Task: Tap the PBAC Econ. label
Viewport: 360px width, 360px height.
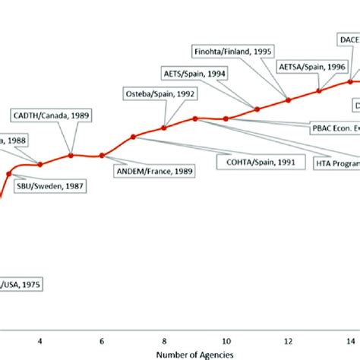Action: tap(334, 128)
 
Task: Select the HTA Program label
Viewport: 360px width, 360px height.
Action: tap(337, 162)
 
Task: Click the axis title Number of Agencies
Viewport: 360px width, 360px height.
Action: tap(197, 353)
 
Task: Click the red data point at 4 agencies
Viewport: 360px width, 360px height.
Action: tap(39, 163)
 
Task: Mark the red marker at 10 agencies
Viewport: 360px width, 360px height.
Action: tap(226, 118)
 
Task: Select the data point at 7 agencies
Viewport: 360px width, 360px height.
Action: tap(133, 137)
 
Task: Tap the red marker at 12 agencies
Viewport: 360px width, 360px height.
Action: tap(289, 99)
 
